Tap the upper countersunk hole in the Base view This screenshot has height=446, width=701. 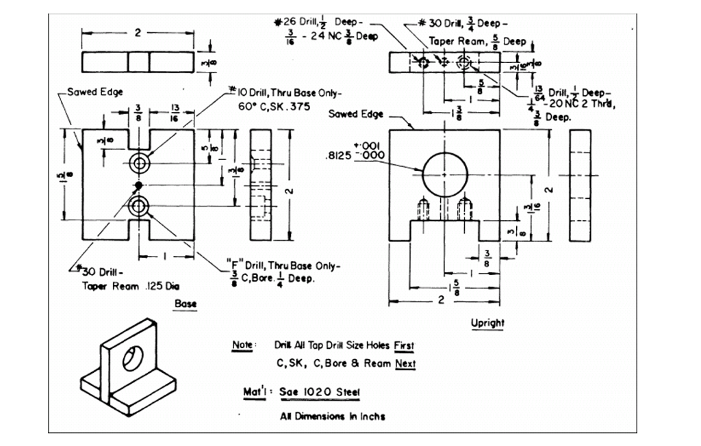(x=140, y=163)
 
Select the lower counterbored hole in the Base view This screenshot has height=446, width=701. (x=140, y=205)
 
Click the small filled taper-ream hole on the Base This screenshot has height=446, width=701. (x=139, y=185)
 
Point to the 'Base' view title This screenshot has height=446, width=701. (x=186, y=303)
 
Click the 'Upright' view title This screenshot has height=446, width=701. (x=487, y=322)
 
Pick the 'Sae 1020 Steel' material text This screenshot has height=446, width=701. (x=320, y=393)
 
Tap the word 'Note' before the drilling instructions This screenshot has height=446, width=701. (x=244, y=345)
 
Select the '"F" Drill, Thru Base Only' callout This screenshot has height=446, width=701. (x=282, y=265)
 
